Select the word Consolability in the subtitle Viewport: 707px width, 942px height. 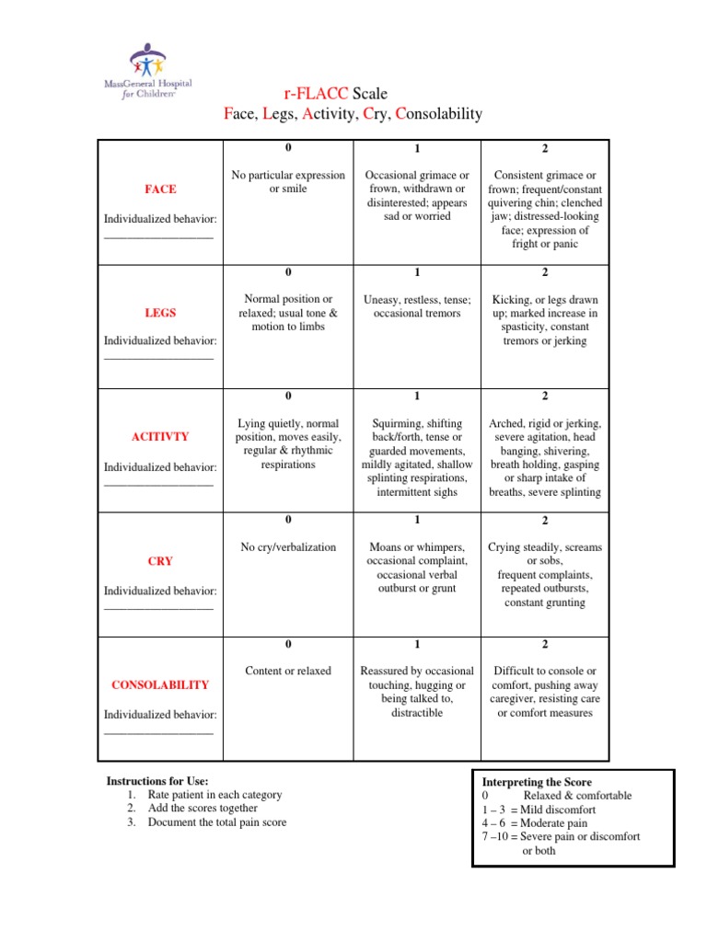coord(438,113)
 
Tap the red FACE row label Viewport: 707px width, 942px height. coord(160,189)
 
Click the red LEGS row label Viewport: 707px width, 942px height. coord(160,314)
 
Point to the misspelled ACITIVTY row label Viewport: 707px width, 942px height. coord(160,437)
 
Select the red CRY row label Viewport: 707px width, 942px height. coord(160,560)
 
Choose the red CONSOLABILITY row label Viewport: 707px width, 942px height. coord(160,684)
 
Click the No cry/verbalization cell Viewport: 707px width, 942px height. coord(288,547)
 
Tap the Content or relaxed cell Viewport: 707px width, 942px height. coord(288,671)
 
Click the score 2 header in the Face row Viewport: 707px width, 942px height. coord(544,148)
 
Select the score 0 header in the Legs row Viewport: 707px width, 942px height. coord(288,272)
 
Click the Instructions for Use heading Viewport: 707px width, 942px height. coord(151,780)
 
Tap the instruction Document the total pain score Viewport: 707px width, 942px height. coord(216,821)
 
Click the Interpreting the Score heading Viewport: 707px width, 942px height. coord(537,782)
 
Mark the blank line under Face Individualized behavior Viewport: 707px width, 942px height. coord(158,238)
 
